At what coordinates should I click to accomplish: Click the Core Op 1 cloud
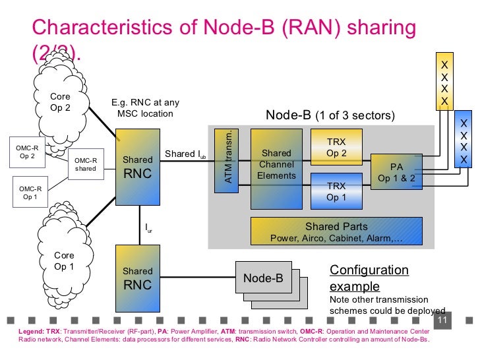click(x=64, y=260)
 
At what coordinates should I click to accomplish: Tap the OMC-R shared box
click(x=85, y=164)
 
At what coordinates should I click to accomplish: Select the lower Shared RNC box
click(x=138, y=278)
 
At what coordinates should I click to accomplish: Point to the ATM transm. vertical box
click(x=229, y=161)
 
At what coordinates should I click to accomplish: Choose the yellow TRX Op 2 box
click(x=336, y=148)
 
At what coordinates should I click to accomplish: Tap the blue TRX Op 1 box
click(x=336, y=191)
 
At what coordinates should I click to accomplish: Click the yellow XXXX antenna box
click(x=445, y=82)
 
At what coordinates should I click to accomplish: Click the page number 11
click(x=442, y=321)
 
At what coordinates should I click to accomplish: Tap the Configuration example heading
click(x=369, y=278)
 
